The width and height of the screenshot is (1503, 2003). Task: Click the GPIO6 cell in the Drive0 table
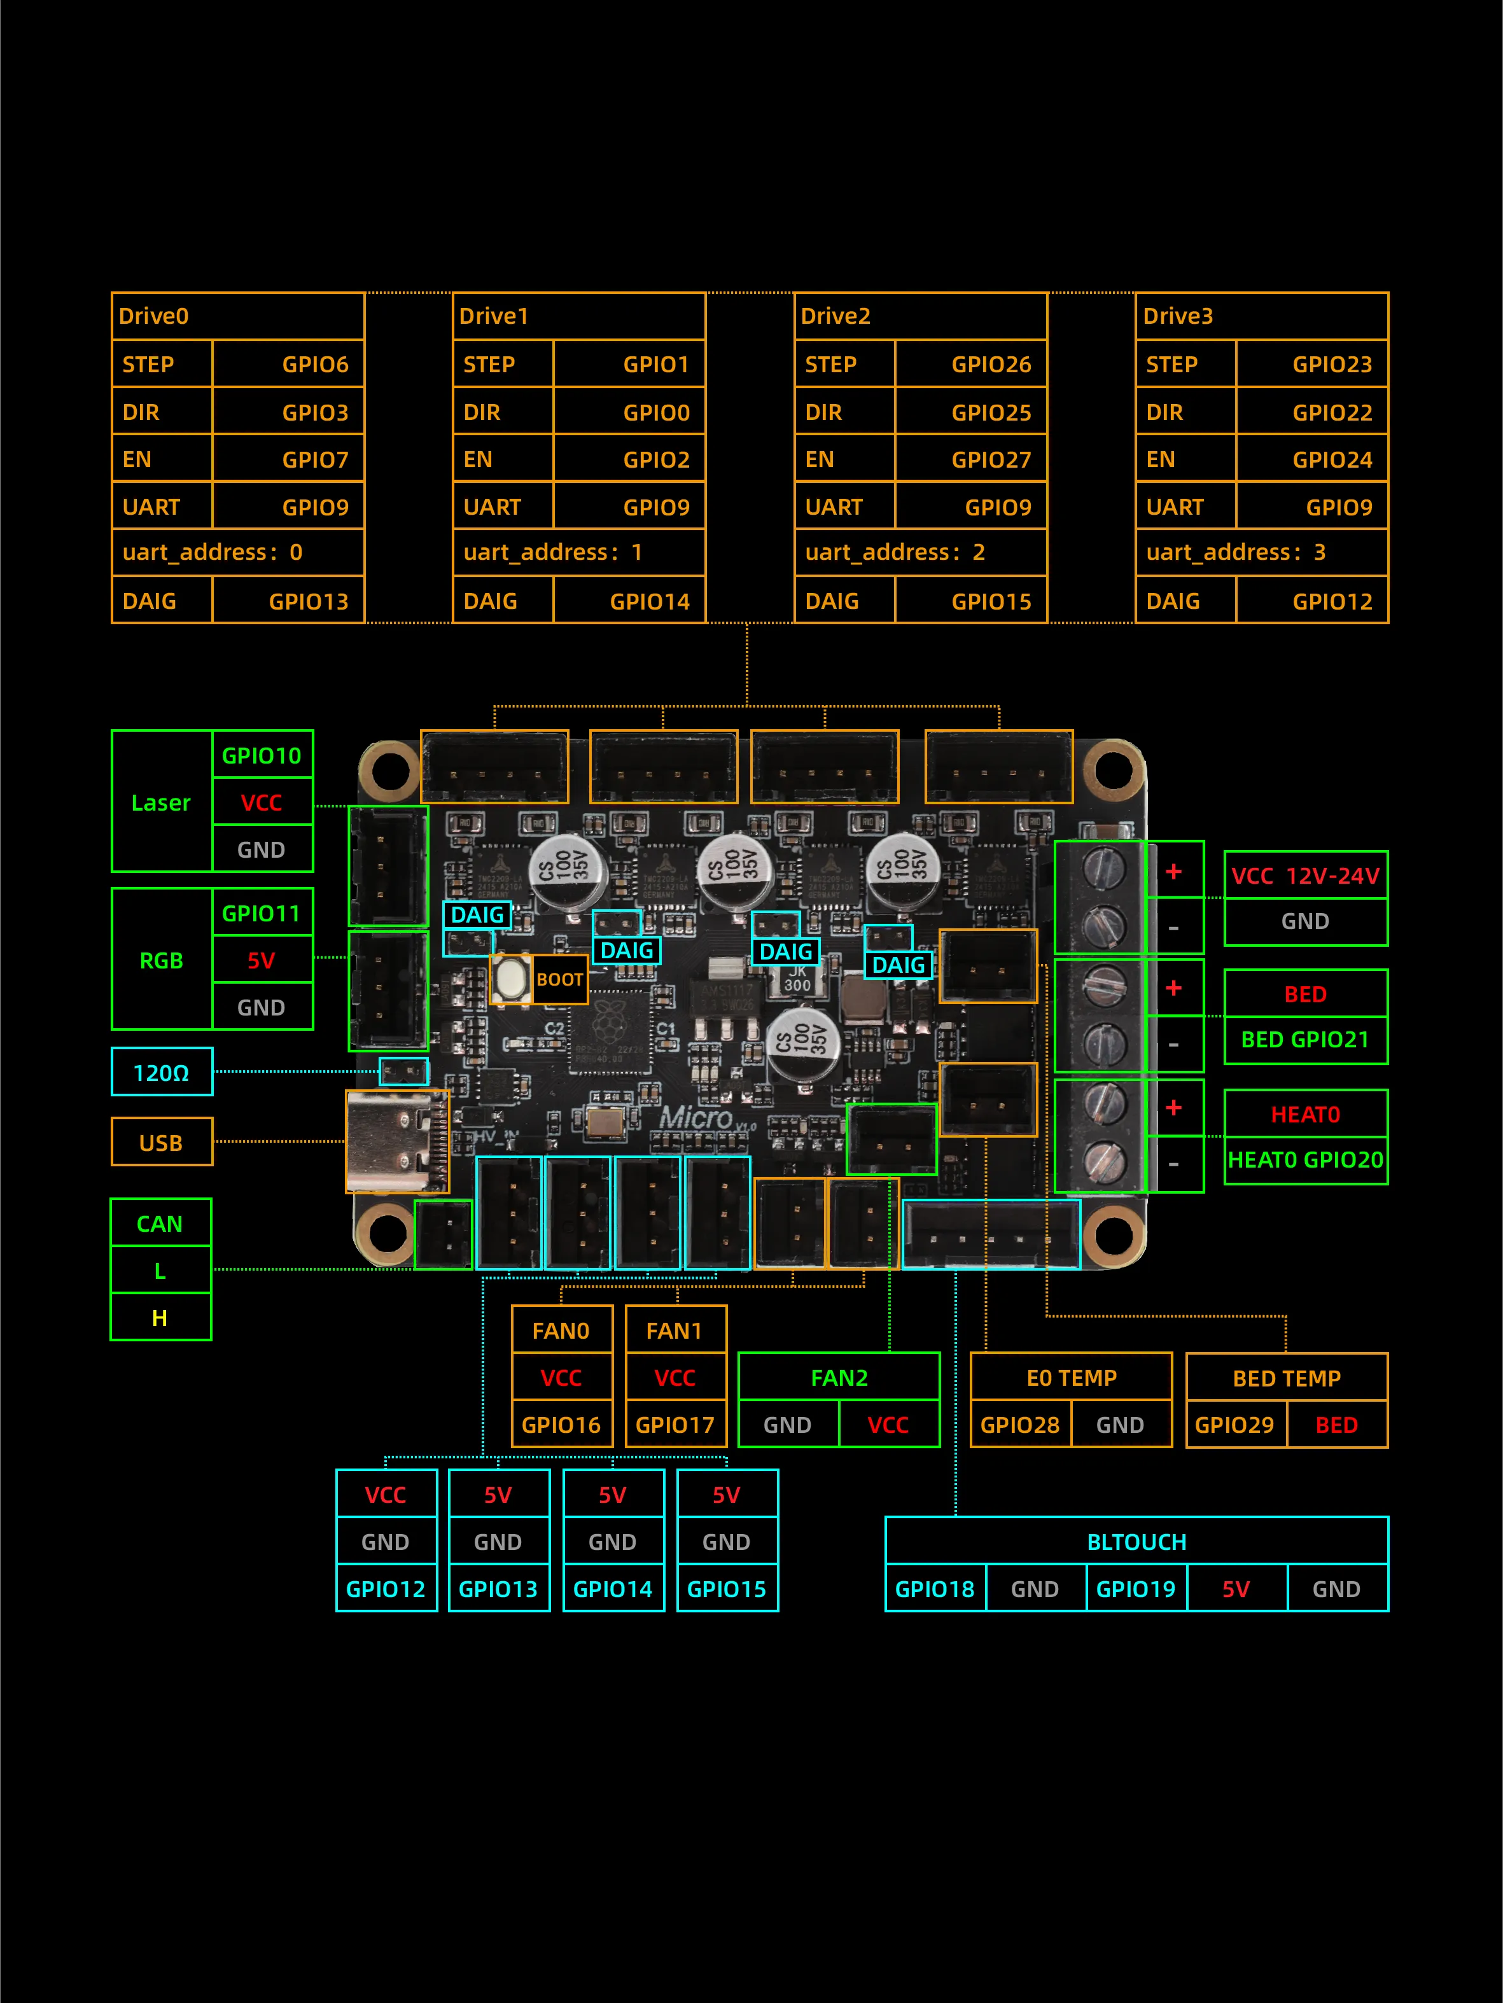click(x=314, y=364)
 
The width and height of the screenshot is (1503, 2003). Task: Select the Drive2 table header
click(x=920, y=316)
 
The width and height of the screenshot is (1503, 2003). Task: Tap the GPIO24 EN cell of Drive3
click(x=1331, y=460)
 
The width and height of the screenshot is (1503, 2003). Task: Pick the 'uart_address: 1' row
click(x=578, y=552)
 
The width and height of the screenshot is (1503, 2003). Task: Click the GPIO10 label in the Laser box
click(x=262, y=755)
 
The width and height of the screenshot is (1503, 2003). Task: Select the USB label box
click(x=161, y=1143)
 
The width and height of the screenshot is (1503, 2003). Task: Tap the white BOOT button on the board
click(x=512, y=979)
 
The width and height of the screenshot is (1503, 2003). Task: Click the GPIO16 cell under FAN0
click(x=561, y=1425)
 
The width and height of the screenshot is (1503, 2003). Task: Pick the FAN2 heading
click(x=839, y=1378)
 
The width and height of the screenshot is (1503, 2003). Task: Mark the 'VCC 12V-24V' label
click(x=1304, y=876)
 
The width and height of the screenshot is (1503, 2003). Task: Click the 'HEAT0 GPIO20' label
click(x=1304, y=1160)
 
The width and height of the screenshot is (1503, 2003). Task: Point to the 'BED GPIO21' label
click(x=1304, y=1040)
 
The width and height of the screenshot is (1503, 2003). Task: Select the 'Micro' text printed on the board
click(x=696, y=1119)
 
